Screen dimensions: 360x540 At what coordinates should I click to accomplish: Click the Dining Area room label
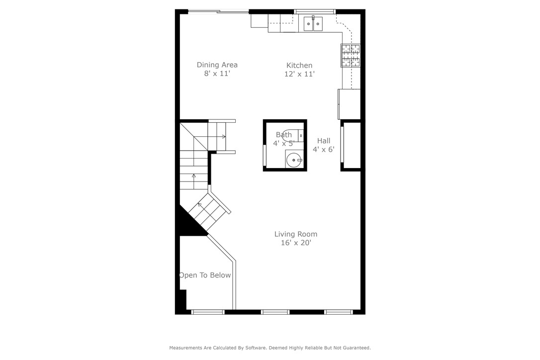pos(217,65)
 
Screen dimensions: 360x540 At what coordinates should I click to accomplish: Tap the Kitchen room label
pos(299,65)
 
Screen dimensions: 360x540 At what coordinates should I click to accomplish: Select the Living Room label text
pos(296,234)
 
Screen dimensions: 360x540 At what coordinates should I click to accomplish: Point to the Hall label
pos(324,141)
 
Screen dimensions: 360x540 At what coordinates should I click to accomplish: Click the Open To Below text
pos(205,275)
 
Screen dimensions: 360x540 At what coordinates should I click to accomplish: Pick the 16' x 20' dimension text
pos(296,243)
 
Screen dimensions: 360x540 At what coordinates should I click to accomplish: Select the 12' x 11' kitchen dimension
pos(299,74)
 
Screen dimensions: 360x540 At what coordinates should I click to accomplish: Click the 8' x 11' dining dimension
pos(217,74)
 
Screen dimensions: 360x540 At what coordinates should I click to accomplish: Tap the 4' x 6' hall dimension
pos(324,149)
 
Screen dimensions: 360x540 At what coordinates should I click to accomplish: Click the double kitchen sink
pos(313,23)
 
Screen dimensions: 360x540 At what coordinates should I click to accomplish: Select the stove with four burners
pos(351,55)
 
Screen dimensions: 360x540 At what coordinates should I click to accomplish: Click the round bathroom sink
pos(294,160)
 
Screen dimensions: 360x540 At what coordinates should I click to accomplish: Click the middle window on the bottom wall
pos(275,312)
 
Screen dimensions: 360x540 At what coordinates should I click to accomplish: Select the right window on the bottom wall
pos(339,312)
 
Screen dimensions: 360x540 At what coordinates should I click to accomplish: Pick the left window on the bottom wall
pos(208,312)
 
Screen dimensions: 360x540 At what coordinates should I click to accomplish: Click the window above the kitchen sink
pos(315,11)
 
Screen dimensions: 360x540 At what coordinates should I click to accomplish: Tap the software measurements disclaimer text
pos(270,348)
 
